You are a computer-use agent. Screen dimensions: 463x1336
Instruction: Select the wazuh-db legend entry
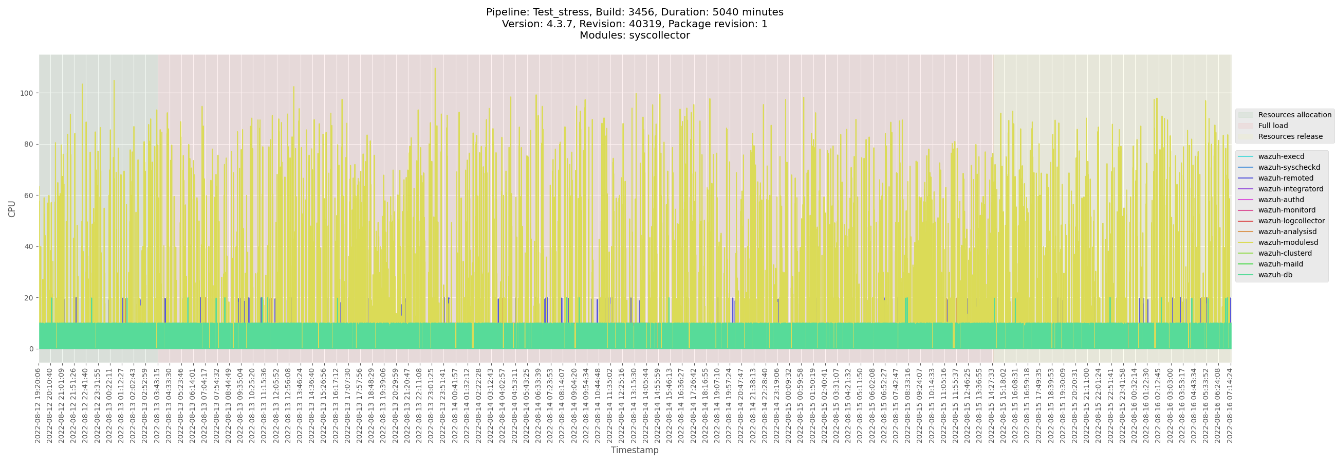click(1275, 275)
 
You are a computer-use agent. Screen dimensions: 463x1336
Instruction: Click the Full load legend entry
click(1273, 126)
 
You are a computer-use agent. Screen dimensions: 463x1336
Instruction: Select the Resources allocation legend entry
click(1294, 115)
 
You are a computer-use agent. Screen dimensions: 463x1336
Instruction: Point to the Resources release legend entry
click(1290, 136)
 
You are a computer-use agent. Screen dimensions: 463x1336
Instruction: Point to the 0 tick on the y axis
click(31, 349)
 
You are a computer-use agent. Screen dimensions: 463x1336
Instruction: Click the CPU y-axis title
click(12, 209)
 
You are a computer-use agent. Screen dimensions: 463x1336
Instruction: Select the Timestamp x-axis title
click(634, 450)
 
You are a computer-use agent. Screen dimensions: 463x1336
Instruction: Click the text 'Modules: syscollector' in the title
click(634, 35)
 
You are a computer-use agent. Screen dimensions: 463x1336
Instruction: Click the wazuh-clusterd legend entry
click(1284, 253)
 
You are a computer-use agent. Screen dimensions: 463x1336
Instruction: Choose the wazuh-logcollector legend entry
click(1291, 221)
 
